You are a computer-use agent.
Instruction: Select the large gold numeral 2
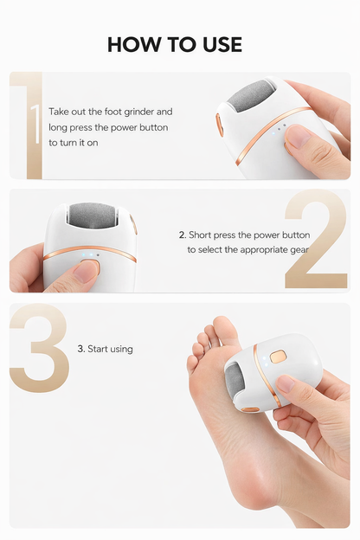[x=317, y=240]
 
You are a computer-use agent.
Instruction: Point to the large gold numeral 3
[x=39, y=349]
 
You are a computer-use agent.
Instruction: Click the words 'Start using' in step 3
[x=109, y=349]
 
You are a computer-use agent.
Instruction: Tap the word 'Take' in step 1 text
[x=61, y=112]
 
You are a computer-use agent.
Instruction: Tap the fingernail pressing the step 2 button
[x=86, y=271]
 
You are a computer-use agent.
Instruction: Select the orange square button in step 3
[x=278, y=356]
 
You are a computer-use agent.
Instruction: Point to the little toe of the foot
[x=192, y=363]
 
